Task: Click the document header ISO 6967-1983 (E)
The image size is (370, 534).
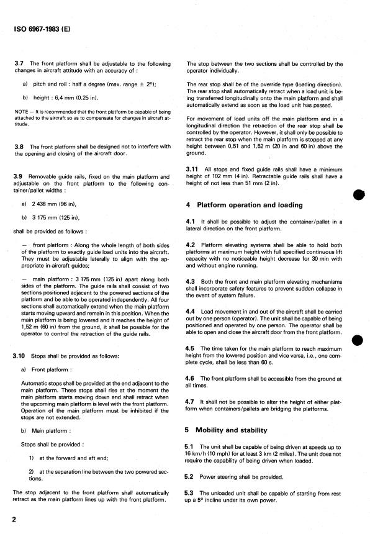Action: pos(42,28)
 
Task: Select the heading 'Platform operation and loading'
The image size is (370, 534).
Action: pos(250,204)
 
